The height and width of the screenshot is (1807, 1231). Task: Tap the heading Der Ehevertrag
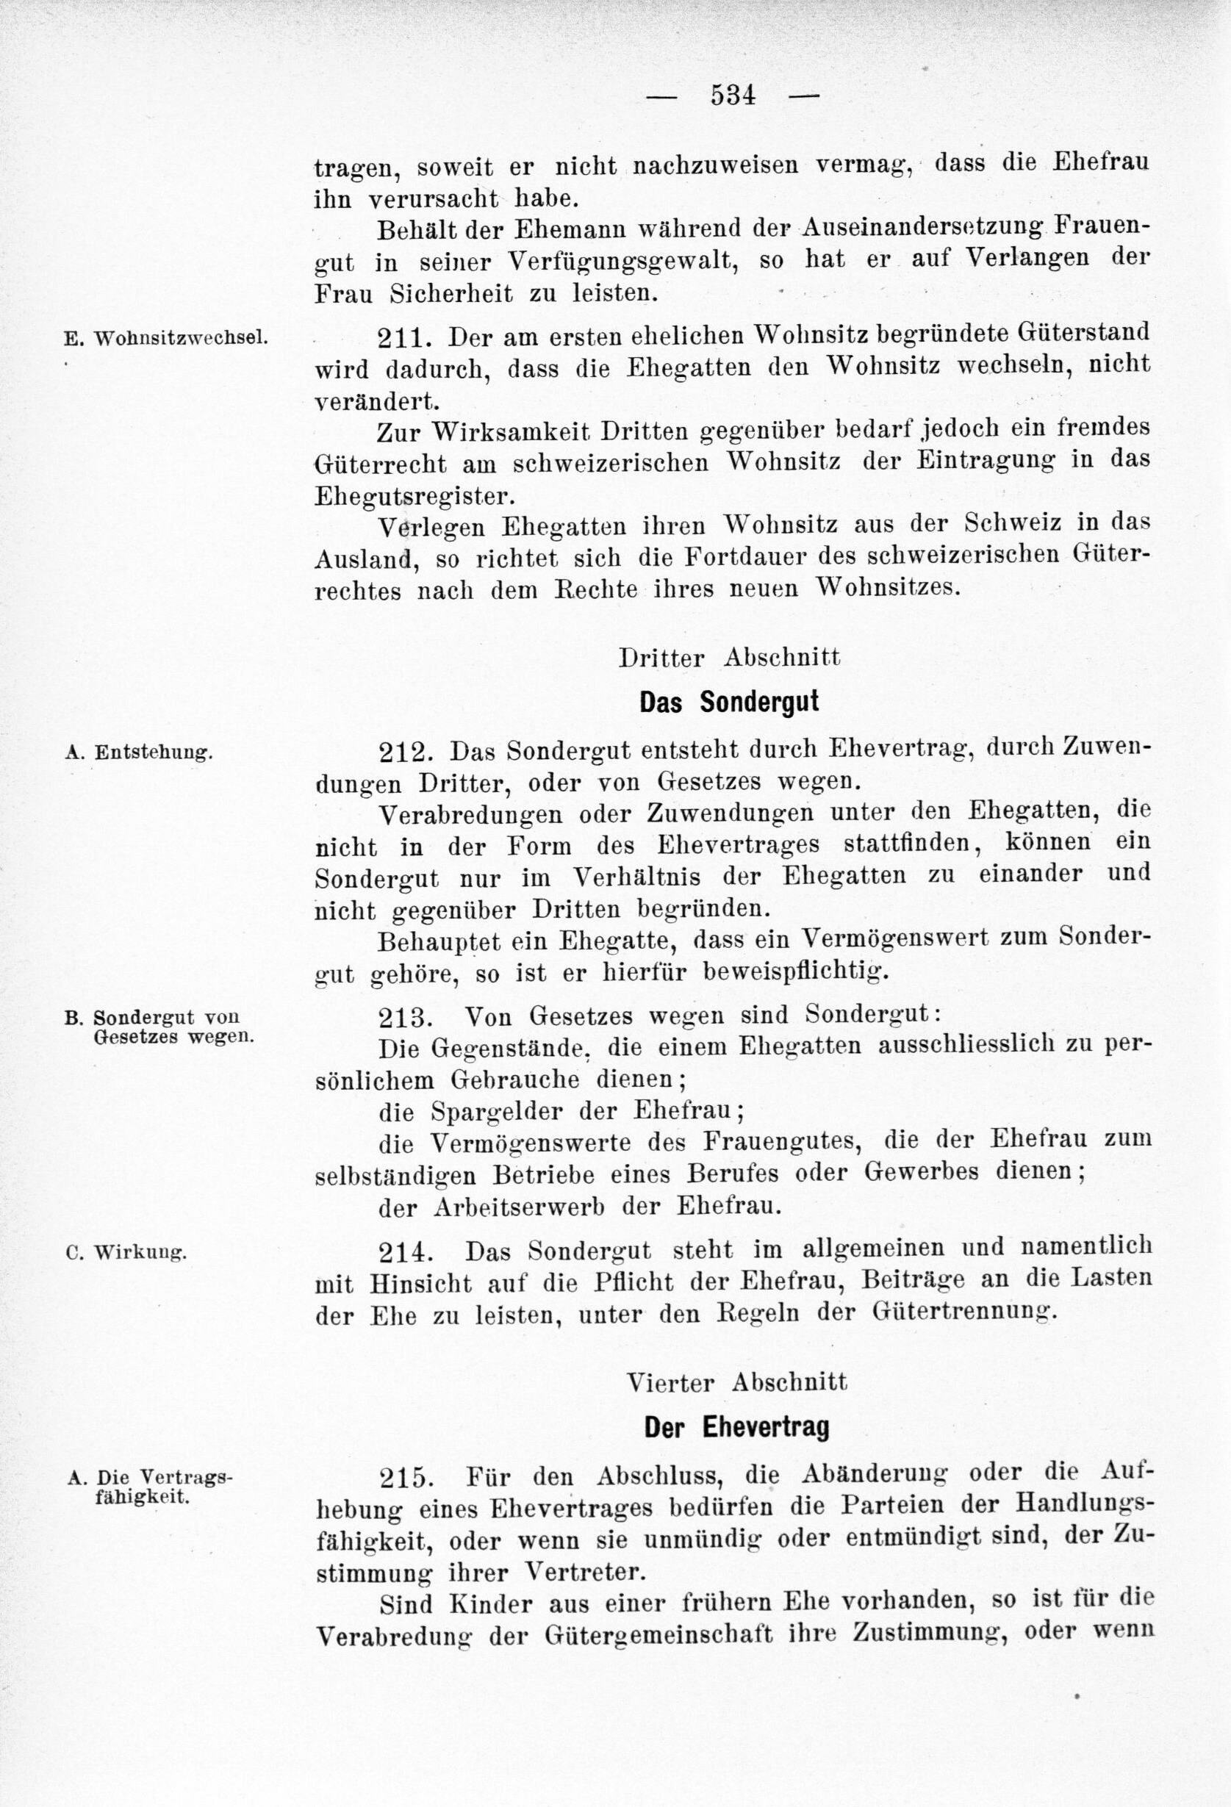[x=736, y=1427]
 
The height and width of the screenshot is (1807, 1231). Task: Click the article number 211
[x=401, y=337]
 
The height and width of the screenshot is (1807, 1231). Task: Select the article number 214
[x=403, y=1251]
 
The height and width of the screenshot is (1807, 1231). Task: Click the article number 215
[x=403, y=1476]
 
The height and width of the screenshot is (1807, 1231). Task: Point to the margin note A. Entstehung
[x=139, y=752]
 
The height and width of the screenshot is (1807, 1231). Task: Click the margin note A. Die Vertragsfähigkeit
[x=151, y=1486]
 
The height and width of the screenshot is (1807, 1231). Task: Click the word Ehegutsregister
[x=414, y=495]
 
